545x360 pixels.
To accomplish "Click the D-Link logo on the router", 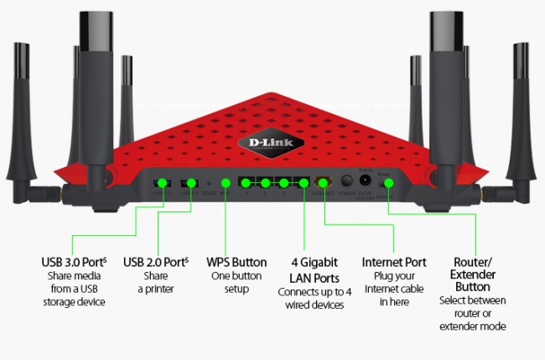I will pos(272,144).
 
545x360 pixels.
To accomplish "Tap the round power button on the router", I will pos(346,181).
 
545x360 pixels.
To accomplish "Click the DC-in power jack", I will pos(366,181).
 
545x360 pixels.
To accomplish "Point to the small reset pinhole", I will pos(208,182).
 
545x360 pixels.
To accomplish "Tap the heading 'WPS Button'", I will pos(236,262).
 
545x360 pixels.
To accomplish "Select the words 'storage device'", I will pos(72,302).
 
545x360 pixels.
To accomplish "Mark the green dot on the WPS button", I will pos(225,182).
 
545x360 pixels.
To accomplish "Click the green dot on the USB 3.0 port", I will pos(161,182).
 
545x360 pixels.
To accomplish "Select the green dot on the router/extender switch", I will pos(388,182).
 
